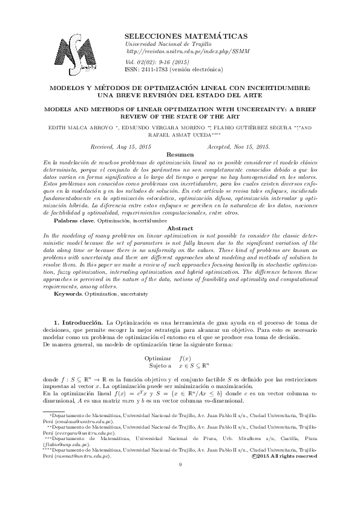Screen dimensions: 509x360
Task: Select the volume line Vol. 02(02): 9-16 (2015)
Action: tap(155, 62)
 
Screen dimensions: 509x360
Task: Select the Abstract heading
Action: tap(179, 228)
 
